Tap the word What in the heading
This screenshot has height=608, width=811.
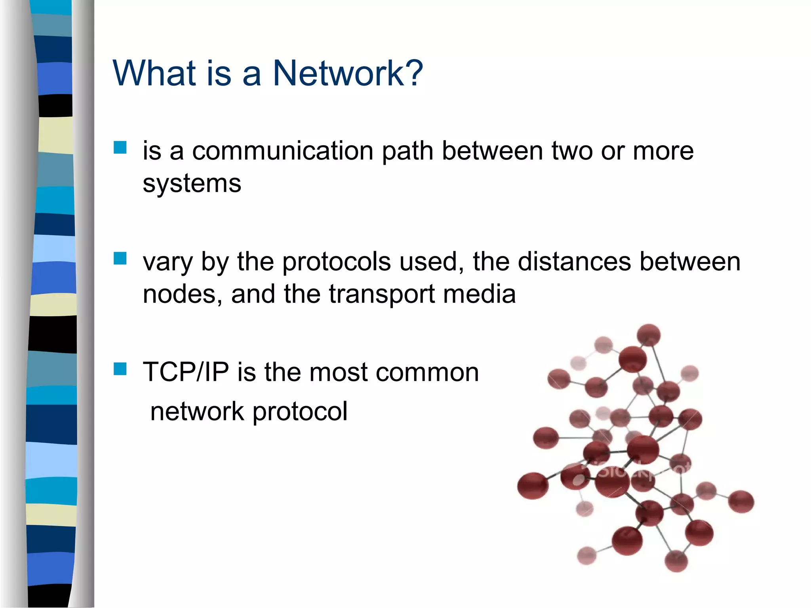coord(154,73)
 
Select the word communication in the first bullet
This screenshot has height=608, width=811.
coord(283,151)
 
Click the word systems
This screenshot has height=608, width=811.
coord(192,184)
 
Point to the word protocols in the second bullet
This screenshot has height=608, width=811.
coord(336,262)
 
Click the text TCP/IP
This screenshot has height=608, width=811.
coord(186,372)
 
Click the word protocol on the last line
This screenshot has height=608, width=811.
coord(300,412)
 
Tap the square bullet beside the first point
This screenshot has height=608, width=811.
coord(120,148)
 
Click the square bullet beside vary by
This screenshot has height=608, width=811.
coord(120,258)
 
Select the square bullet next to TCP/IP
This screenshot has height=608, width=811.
coord(120,369)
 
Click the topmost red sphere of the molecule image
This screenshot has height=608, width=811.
coord(648,335)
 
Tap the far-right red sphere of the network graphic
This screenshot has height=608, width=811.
coord(741,501)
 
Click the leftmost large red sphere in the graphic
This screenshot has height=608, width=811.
coord(533,485)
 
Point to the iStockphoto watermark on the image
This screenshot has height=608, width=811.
coord(634,471)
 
